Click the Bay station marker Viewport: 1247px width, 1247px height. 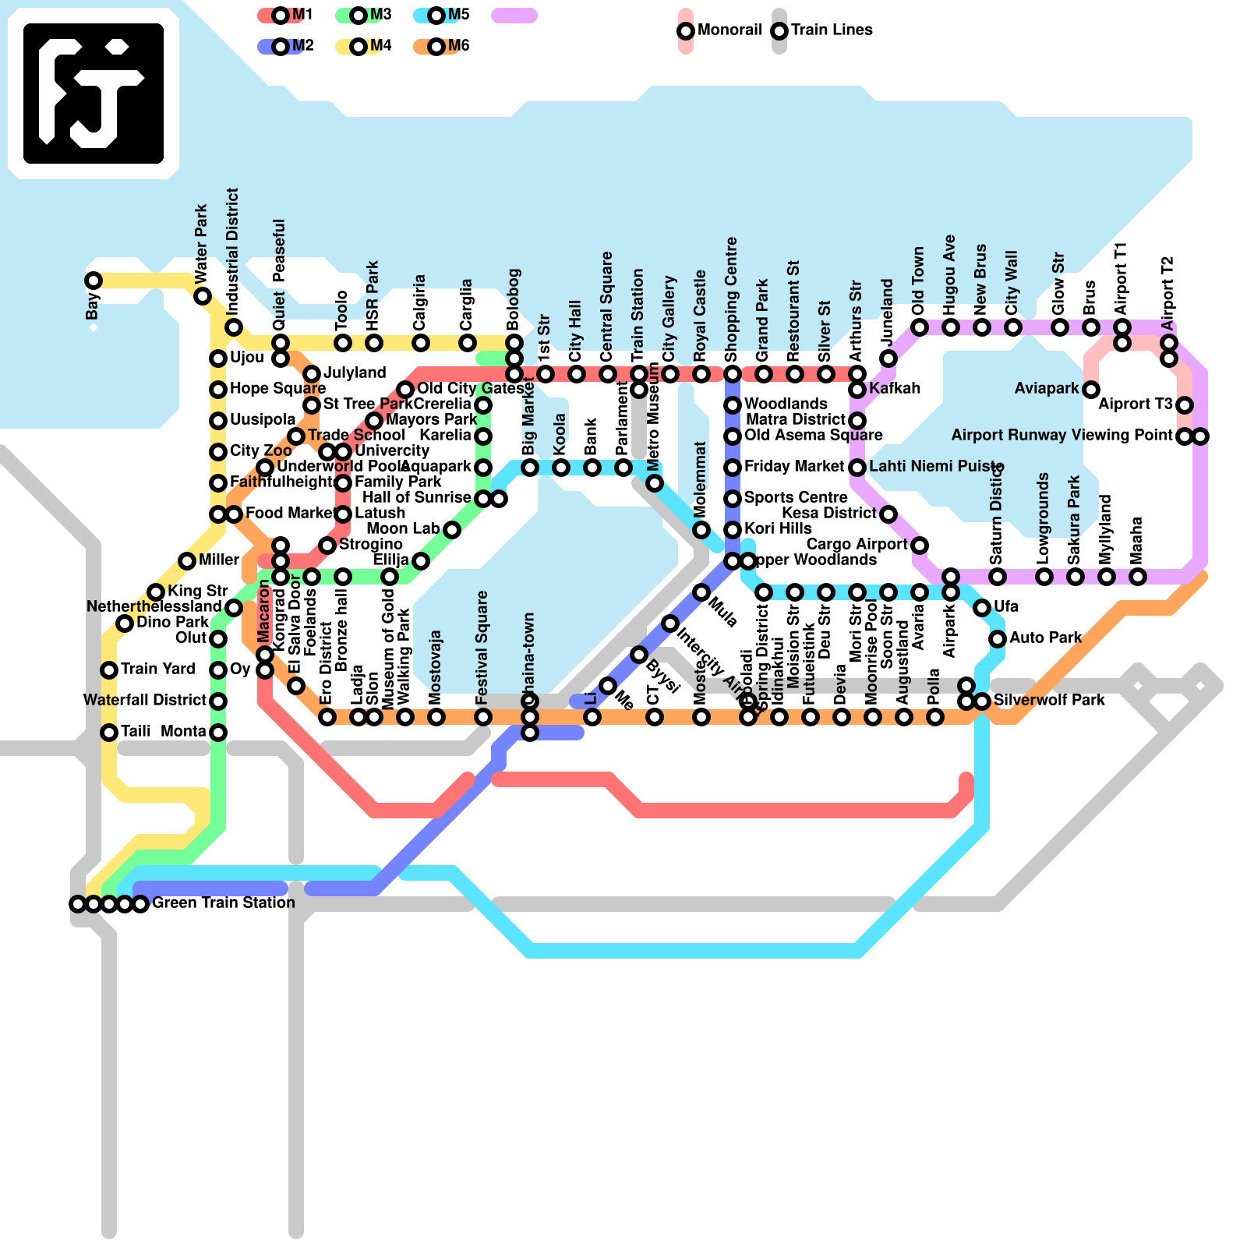94,281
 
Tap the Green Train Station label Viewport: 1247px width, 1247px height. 224,903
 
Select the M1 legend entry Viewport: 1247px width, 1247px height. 281,15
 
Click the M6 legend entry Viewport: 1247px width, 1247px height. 436,47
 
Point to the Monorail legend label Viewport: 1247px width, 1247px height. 729,30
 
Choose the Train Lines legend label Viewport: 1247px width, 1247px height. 832,30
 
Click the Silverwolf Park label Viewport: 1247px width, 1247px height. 1049,700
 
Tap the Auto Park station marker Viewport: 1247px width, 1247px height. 998,639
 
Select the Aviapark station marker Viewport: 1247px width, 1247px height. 1091,390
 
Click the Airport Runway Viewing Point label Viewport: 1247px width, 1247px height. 1062,435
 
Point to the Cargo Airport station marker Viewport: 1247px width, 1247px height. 920,546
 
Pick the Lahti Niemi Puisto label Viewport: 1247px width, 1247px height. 936,466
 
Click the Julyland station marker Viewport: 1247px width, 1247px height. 312,374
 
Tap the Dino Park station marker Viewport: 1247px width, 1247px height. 125,623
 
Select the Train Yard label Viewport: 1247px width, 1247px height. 157,669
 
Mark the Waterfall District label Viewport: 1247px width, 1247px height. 145,700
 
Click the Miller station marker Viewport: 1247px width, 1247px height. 187,561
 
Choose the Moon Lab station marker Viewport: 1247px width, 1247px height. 452,530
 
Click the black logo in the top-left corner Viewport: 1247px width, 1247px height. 94,94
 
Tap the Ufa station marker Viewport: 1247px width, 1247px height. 982,608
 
